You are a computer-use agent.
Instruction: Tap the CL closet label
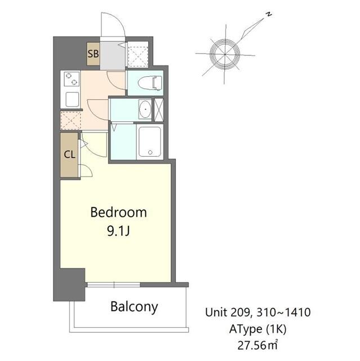69,155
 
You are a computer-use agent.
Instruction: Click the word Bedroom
118,213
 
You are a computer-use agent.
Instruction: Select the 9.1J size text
118,231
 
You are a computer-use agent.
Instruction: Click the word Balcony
134,307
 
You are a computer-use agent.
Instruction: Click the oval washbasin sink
144,109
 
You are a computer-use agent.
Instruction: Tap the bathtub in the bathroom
149,141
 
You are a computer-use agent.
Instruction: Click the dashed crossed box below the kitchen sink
71,120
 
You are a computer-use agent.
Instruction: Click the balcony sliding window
128,285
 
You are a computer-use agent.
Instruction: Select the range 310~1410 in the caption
283,312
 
